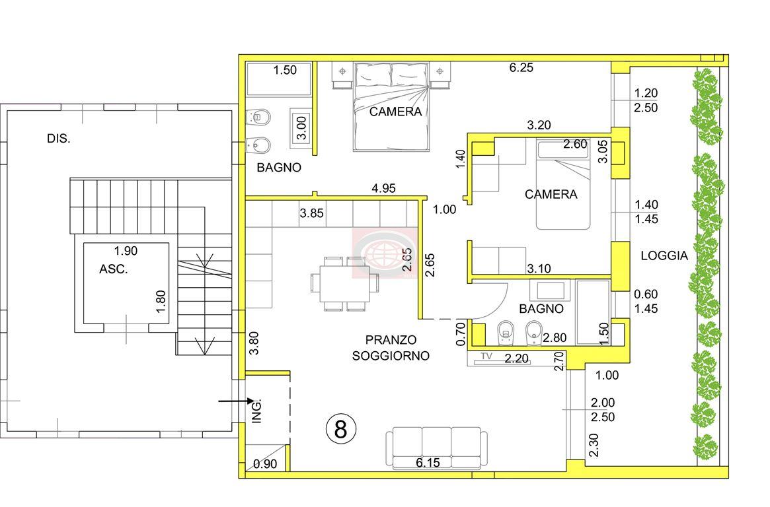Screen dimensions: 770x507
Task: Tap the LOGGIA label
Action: pos(664,255)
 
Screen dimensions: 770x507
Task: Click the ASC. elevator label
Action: pos(114,269)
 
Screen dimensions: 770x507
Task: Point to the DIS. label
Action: pos(58,139)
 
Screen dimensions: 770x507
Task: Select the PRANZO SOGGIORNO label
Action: pos(391,348)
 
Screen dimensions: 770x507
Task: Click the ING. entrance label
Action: pos(256,411)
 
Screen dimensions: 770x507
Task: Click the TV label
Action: pos(486,356)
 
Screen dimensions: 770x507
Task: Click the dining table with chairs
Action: pos(345,283)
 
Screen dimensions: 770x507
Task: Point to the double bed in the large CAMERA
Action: pos(391,106)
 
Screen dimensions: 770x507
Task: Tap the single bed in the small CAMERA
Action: pos(562,185)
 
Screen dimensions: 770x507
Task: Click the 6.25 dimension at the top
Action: pos(521,67)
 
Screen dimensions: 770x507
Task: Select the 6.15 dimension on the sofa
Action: pos(428,462)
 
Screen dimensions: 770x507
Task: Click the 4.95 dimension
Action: pos(383,188)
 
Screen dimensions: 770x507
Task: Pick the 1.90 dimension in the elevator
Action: pos(126,251)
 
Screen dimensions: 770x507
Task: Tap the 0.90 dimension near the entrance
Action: pos(265,464)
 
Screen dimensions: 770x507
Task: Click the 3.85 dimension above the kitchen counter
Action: pos(312,213)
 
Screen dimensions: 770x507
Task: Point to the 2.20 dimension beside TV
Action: pos(517,358)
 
